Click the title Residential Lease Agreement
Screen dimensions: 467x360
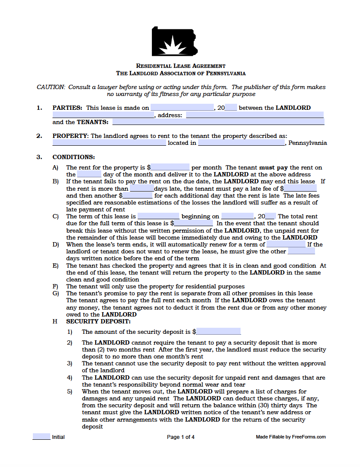click(x=180, y=66)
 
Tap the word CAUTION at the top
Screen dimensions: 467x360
click(x=51, y=87)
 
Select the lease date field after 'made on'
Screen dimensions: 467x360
click(x=182, y=108)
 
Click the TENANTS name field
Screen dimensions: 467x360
click(x=218, y=122)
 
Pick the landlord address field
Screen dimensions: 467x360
click(x=254, y=115)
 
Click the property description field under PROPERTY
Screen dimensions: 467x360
click(x=109, y=143)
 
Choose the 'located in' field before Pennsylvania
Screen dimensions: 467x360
click(x=241, y=143)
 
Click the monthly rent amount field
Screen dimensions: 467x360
click(x=170, y=167)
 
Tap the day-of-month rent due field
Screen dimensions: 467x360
click(x=89, y=174)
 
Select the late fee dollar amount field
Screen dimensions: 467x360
click(x=300, y=189)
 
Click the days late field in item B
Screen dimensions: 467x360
click(x=142, y=189)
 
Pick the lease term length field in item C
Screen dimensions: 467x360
click(x=158, y=216)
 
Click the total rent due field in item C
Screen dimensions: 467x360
click(x=193, y=224)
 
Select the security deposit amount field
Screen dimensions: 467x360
click(x=219, y=332)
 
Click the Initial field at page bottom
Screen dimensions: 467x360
click(x=42, y=437)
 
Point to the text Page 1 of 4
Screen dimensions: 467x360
click(x=180, y=437)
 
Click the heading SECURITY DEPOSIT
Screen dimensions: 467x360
click(x=98, y=321)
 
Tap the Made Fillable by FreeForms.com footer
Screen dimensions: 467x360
click(x=291, y=437)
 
